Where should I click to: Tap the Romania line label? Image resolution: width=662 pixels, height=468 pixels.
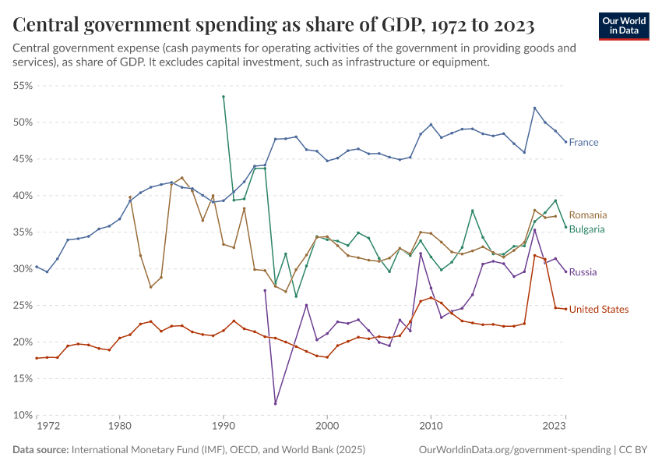[x=588, y=215]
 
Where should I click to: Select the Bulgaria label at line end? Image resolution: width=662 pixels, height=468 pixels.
[x=587, y=229]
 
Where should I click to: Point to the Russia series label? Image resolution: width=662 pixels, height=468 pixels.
[x=583, y=272]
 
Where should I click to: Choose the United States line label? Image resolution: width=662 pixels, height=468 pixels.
[x=598, y=310]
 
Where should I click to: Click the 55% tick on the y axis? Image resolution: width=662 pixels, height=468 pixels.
[x=22, y=86]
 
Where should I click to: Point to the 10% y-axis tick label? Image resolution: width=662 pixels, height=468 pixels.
[x=22, y=415]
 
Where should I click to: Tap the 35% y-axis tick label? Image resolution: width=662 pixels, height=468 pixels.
[x=22, y=232]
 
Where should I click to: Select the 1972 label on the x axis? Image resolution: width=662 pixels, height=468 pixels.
[x=47, y=427]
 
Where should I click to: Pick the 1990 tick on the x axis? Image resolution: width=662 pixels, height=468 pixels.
[x=224, y=427]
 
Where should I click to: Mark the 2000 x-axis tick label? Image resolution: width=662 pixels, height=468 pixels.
[x=327, y=427]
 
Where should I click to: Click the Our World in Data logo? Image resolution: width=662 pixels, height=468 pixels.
[x=623, y=26]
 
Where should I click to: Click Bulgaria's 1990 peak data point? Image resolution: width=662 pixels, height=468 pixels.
[x=224, y=97]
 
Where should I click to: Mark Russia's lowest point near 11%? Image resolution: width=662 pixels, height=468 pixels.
[x=276, y=403]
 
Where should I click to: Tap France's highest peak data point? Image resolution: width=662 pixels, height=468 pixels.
[x=535, y=108]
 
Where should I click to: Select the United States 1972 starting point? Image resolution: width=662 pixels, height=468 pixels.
[x=37, y=358]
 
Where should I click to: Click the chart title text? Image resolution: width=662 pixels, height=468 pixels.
[x=273, y=26]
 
